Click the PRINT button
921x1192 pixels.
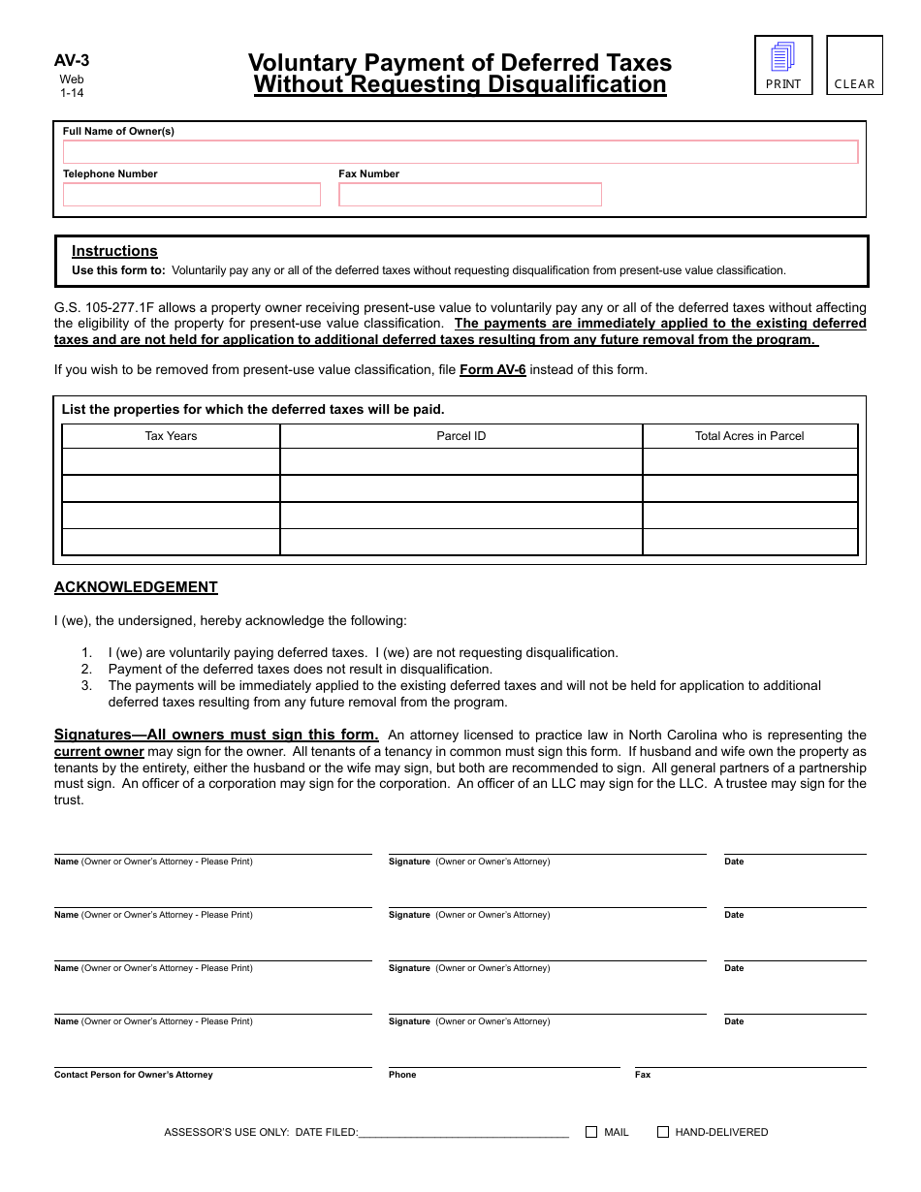click(783, 65)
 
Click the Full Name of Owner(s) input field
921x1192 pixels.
click(460, 152)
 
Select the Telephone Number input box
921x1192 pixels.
click(192, 195)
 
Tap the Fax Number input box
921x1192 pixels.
click(470, 195)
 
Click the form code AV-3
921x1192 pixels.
click(72, 60)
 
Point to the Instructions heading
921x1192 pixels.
click(114, 251)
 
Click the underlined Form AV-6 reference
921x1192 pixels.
click(492, 370)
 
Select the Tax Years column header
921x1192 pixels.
click(171, 436)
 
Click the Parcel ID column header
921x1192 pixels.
click(461, 436)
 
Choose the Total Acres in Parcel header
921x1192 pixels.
click(749, 436)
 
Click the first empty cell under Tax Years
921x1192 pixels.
click(171, 462)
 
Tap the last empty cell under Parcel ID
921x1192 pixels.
click(461, 542)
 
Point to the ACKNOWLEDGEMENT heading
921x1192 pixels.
click(136, 587)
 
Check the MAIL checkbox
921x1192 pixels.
click(591, 1132)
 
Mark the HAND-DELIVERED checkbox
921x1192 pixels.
click(663, 1132)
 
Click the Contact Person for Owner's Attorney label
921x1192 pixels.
click(134, 1075)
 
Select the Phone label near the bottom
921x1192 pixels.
click(402, 1075)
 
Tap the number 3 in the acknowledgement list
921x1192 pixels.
click(86, 685)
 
